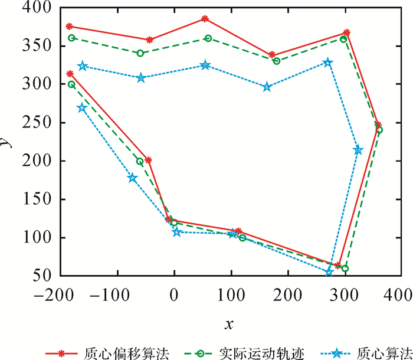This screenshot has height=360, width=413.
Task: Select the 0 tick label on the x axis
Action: point(174,293)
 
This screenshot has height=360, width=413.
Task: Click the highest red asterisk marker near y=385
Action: point(205,19)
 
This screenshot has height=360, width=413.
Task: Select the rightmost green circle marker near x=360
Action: point(379,130)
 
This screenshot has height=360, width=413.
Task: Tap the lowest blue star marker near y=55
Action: point(329,272)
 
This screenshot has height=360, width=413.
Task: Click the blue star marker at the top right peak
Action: point(328,63)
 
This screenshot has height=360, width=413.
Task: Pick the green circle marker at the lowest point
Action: point(345,269)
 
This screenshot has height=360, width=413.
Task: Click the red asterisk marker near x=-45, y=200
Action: point(149,160)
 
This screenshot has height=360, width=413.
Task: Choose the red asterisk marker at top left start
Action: point(70,27)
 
